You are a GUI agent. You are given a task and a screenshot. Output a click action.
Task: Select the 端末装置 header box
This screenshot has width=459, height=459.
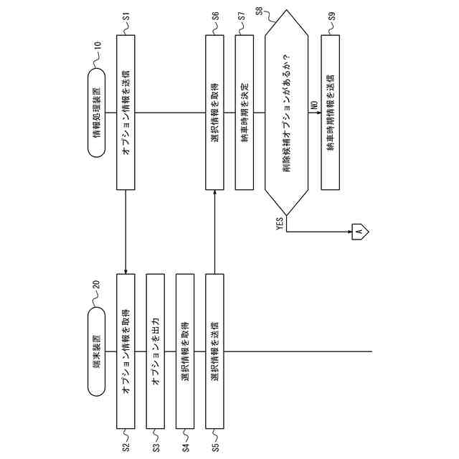96,352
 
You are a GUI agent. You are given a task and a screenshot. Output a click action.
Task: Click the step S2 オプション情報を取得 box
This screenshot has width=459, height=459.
126,351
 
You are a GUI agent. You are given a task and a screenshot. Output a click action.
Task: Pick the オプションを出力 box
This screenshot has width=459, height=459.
156,351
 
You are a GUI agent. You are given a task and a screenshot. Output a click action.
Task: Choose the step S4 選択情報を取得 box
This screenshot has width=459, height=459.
185,351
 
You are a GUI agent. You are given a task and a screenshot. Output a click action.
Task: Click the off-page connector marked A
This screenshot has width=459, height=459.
359,230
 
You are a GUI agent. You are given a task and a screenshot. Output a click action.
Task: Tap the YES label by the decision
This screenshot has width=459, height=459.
280,223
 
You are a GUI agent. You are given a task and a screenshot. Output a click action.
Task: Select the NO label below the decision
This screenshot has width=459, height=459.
314,105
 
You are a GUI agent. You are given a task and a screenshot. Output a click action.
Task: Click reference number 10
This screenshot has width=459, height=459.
97,45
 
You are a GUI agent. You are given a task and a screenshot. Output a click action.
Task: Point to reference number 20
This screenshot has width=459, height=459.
97,285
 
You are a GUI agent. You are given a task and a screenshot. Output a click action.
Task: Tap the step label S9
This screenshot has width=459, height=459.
331,14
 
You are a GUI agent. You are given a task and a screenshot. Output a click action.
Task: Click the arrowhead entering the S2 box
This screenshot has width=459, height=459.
126,271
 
